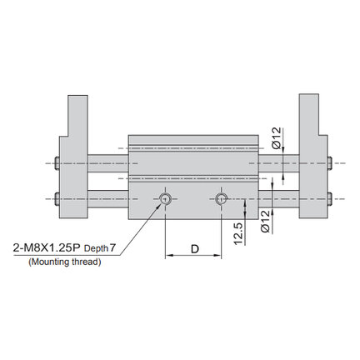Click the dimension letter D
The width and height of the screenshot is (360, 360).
[x=195, y=249]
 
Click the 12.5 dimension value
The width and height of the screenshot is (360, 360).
[x=238, y=232]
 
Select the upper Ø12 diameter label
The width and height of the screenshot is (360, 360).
[x=277, y=137]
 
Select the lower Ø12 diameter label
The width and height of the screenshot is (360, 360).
[x=266, y=221]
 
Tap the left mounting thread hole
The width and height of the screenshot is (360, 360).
[x=165, y=198]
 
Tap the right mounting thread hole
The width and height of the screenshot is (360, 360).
[x=221, y=198]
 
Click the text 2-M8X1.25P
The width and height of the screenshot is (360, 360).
[x=47, y=247]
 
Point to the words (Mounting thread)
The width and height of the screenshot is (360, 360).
[x=65, y=262]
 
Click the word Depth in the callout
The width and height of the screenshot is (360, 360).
[x=96, y=248]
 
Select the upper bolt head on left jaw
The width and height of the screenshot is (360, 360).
[x=57, y=163]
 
